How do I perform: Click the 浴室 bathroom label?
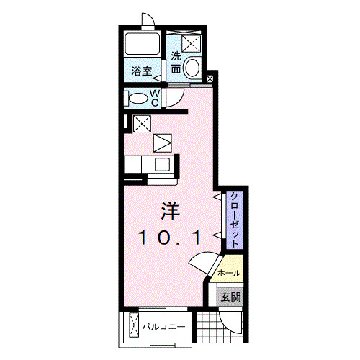tap(141, 71)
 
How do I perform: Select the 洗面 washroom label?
tap(176, 63)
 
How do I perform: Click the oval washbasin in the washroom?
tap(192, 68)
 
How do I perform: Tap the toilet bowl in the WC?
tap(137, 97)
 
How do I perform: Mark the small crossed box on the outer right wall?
tap(210, 79)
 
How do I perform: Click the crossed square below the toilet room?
tap(142, 122)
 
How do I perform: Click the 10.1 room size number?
tap(169, 237)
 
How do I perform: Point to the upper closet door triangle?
tap(215, 196)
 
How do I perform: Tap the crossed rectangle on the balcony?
tap(134, 325)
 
